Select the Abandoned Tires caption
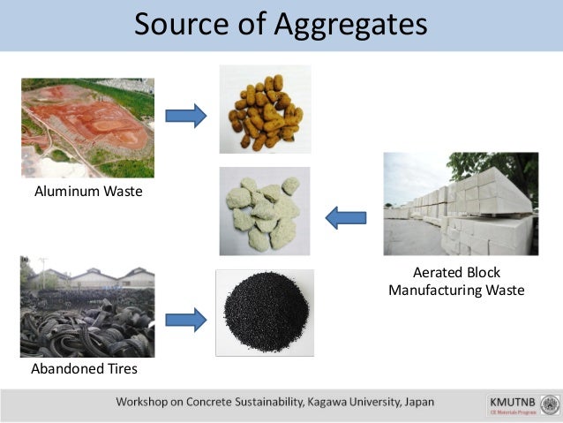[x=85, y=368]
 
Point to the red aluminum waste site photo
[x=87, y=127]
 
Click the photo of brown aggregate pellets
[x=265, y=110]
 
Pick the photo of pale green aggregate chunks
[x=265, y=211]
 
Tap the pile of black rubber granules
[x=265, y=312]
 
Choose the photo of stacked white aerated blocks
[x=461, y=204]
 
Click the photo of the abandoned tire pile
[x=87, y=306]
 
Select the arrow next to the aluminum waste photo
[x=185, y=115]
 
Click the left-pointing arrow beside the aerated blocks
[x=345, y=215]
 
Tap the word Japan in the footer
[x=417, y=402]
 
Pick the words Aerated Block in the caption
[x=457, y=272]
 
